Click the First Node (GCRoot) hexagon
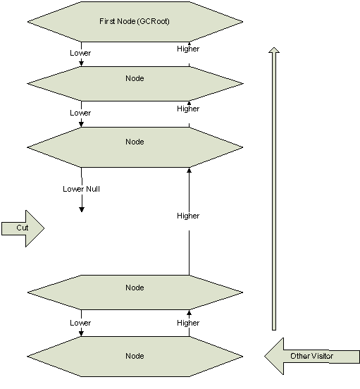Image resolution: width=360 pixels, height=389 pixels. (135, 22)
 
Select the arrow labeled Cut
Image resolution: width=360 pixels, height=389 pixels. (23, 228)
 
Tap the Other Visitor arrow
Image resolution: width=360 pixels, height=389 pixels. (312, 357)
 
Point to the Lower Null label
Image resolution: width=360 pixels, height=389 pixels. (81, 189)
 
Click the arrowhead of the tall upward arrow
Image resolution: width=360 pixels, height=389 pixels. (274, 50)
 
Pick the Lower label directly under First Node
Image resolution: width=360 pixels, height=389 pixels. (80, 53)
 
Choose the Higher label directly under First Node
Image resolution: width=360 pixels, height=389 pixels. (188, 49)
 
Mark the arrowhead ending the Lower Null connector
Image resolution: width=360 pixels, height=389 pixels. (82, 209)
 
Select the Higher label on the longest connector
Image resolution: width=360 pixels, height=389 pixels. (188, 216)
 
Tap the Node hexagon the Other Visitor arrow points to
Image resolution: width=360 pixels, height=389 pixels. (135, 357)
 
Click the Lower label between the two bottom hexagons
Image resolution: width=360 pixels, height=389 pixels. (80, 323)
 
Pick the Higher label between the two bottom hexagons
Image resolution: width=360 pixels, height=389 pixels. (188, 323)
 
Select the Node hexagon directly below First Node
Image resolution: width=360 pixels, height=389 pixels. (135, 84)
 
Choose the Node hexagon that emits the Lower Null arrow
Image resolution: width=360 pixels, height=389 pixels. (135, 147)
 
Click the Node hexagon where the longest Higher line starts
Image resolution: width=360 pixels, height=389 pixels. (135, 292)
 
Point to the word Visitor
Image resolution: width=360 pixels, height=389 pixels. (322, 356)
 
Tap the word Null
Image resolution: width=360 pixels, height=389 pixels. (93, 189)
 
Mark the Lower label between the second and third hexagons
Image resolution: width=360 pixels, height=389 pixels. (80, 113)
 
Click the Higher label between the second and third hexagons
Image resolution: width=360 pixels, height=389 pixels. (188, 109)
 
